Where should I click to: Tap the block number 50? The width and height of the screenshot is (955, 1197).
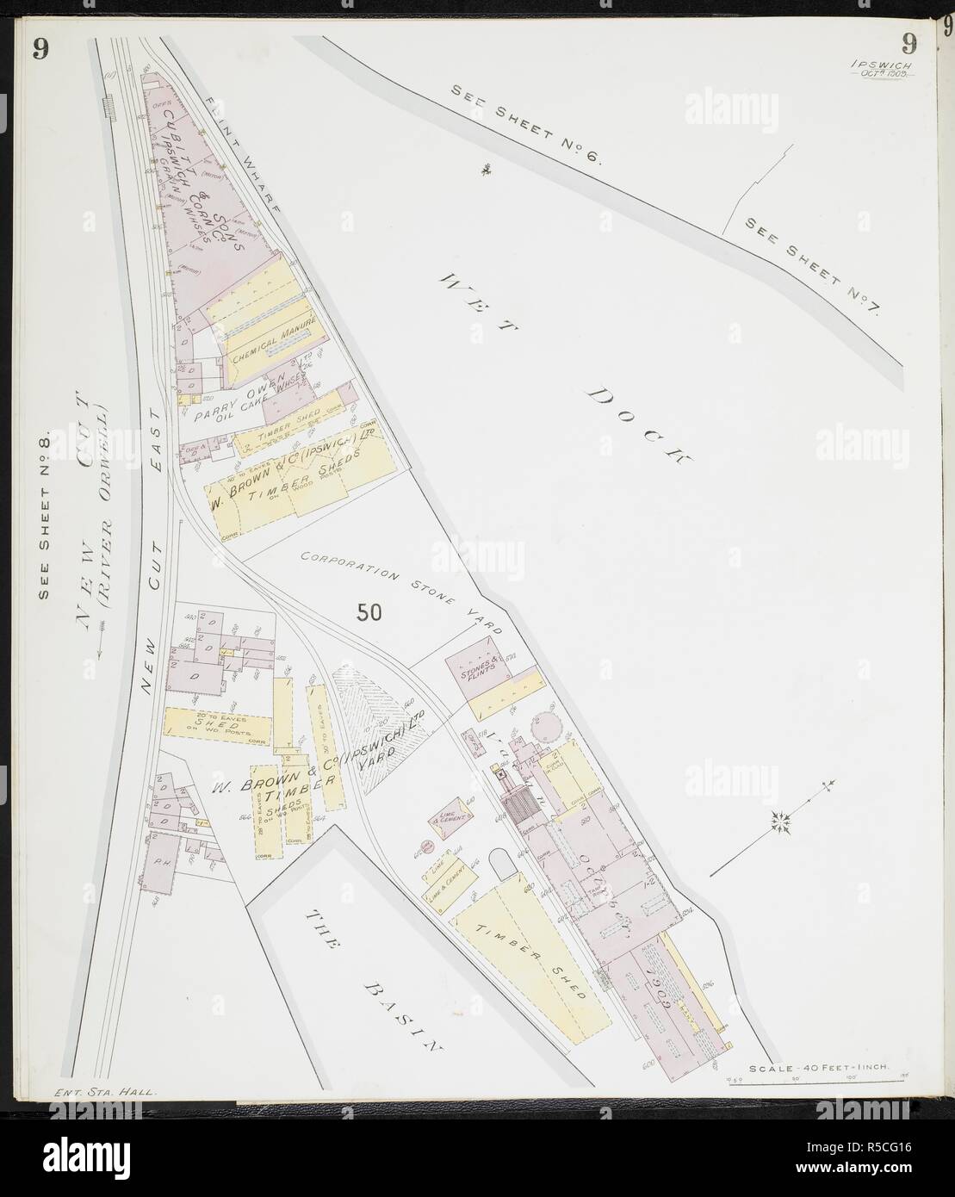[x=369, y=612]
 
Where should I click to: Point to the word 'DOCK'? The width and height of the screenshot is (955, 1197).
[x=640, y=426]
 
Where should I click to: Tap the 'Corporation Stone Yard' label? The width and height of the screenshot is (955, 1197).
[x=401, y=592]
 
